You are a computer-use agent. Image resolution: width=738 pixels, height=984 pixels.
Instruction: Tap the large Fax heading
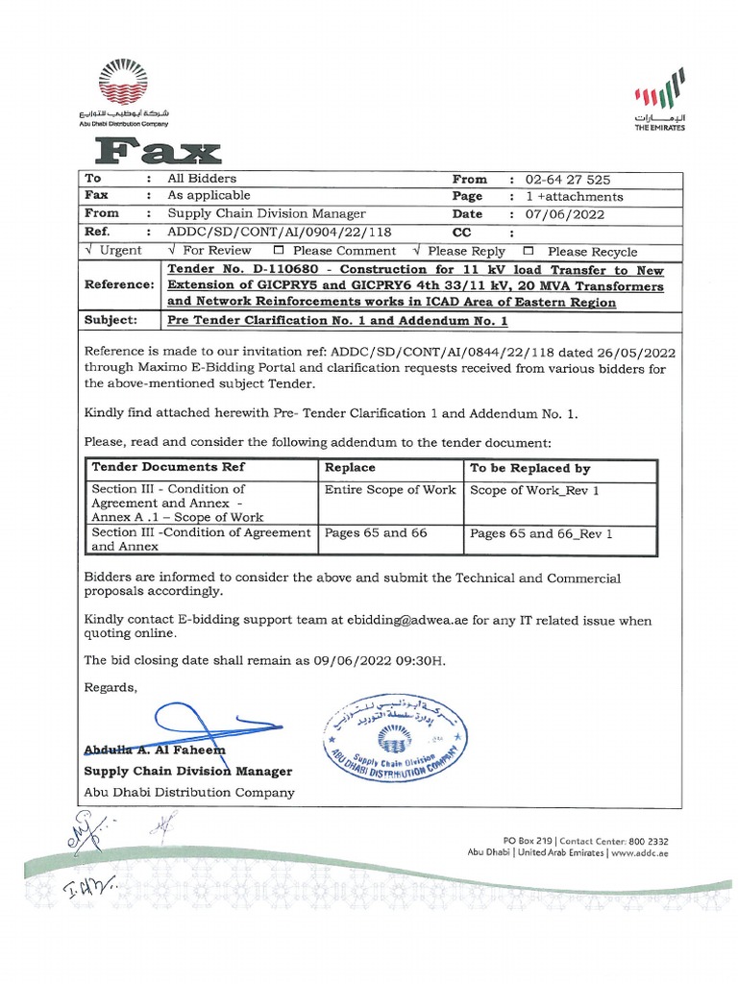coord(159,150)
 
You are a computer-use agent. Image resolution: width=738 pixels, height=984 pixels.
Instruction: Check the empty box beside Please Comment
coord(278,250)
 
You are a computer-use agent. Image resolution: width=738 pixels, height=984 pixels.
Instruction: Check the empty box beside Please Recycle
coord(528,250)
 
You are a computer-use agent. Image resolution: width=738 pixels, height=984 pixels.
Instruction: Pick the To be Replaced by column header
coord(529,468)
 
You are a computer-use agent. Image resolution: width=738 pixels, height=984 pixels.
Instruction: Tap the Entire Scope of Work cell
coord(389,490)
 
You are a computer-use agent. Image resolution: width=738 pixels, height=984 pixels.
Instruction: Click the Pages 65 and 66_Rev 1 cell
coord(541,532)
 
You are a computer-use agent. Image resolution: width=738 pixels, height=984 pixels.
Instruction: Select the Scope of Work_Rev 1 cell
coord(533,490)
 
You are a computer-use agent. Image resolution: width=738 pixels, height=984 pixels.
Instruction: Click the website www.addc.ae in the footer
coord(639,852)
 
